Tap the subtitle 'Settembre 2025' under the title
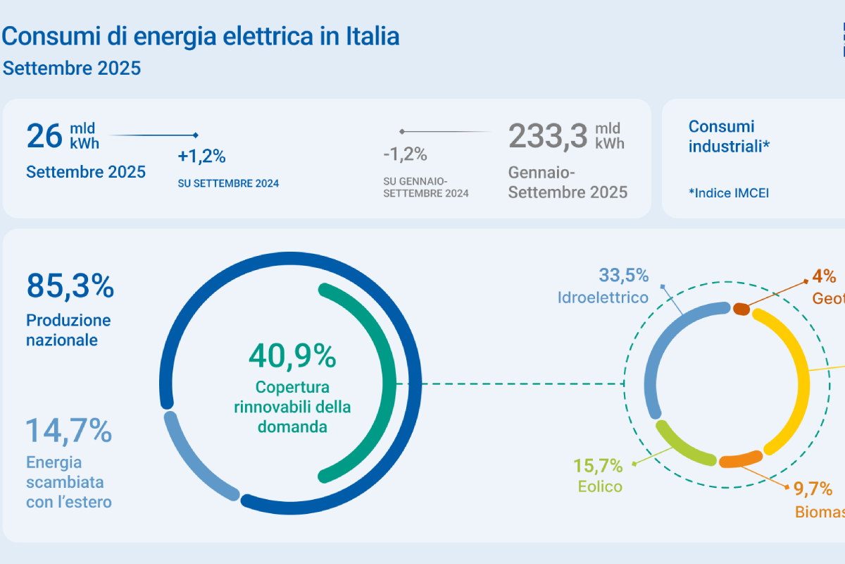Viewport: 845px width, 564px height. pyautogui.click(x=72, y=68)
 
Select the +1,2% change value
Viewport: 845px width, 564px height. pyautogui.click(x=201, y=156)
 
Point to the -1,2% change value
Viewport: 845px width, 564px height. pyautogui.click(x=405, y=154)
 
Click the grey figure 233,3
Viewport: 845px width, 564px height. pyautogui.click(x=548, y=135)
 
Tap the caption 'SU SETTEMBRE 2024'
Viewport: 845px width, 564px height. pyautogui.click(x=228, y=183)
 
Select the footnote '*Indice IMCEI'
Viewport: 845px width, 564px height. pyautogui.click(x=728, y=192)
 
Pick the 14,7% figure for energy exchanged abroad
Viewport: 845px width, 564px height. pyautogui.click(x=69, y=430)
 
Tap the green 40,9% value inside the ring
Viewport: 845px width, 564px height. pyautogui.click(x=292, y=357)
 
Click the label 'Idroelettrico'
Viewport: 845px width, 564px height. pyautogui.click(x=603, y=298)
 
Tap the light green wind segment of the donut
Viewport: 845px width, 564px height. pyautogui.click(x=683, y=444)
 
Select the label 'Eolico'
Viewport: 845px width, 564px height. pyautogui.click(x=599, y=486)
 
